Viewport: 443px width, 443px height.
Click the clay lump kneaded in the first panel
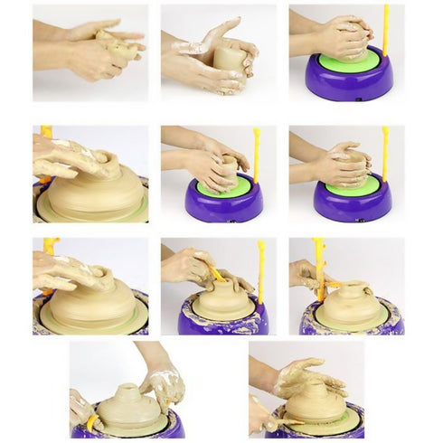(x=117, y=45)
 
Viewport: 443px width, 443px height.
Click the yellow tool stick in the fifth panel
(x=257, y=154)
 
